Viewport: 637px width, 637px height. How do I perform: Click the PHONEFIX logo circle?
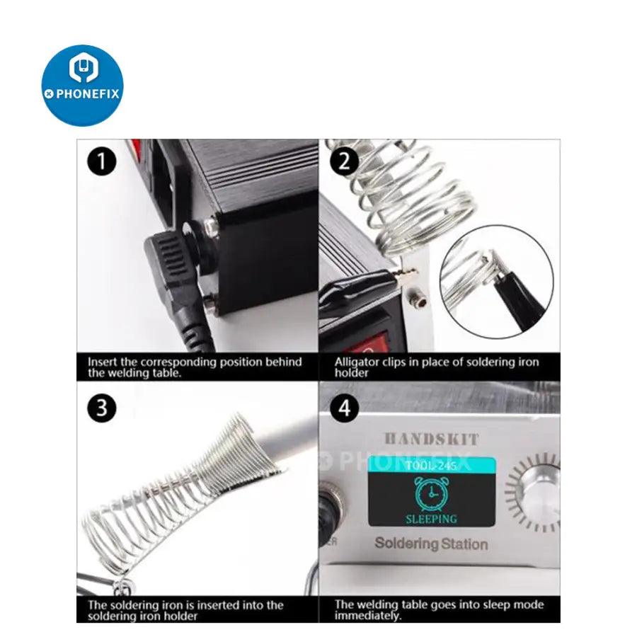[x=83, y=86]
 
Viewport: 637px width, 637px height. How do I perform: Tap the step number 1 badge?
[x=101, y=161]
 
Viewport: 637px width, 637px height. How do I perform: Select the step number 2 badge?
[x=345, y=161]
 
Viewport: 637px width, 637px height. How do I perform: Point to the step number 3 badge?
[x=101, y=408]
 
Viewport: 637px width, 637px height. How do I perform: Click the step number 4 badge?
[x=345, y=408]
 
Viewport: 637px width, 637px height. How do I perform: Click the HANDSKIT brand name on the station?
[x=432, y=439]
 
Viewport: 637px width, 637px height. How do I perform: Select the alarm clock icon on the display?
[x=432, y=493]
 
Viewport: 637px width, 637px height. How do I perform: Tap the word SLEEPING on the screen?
[x=432, y=519]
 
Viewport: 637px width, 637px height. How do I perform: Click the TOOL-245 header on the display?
[x=432, y=465]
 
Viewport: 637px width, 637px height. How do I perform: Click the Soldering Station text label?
[x=432, y=544]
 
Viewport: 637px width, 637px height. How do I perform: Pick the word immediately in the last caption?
[x=367, y=616]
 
